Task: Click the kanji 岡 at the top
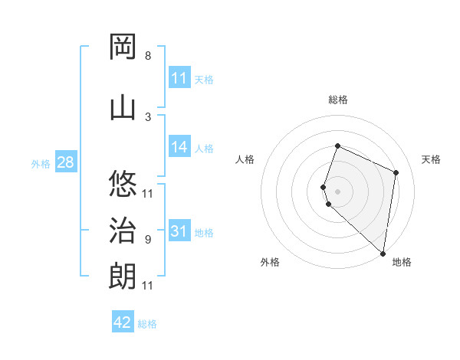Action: (x=123, y=47)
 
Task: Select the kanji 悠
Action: (x=123, y=183)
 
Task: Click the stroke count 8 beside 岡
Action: (x=148, y=56)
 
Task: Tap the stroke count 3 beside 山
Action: (x=148, y=116)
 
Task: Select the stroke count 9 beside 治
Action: (x=148, y=240)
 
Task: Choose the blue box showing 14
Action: (x=179, y=147)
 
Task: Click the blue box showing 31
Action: (x=179, y=231)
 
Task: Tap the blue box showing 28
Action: (x=64, y=163)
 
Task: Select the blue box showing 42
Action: (x=123, y=322)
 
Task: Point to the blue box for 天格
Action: (x=179, y=78)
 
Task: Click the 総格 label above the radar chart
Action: (x=338, y=100)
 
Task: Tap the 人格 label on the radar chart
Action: (x=245, y=159)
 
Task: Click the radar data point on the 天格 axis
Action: (x=396, y=172)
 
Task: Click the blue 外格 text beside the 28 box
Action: (x=41, y=164)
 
